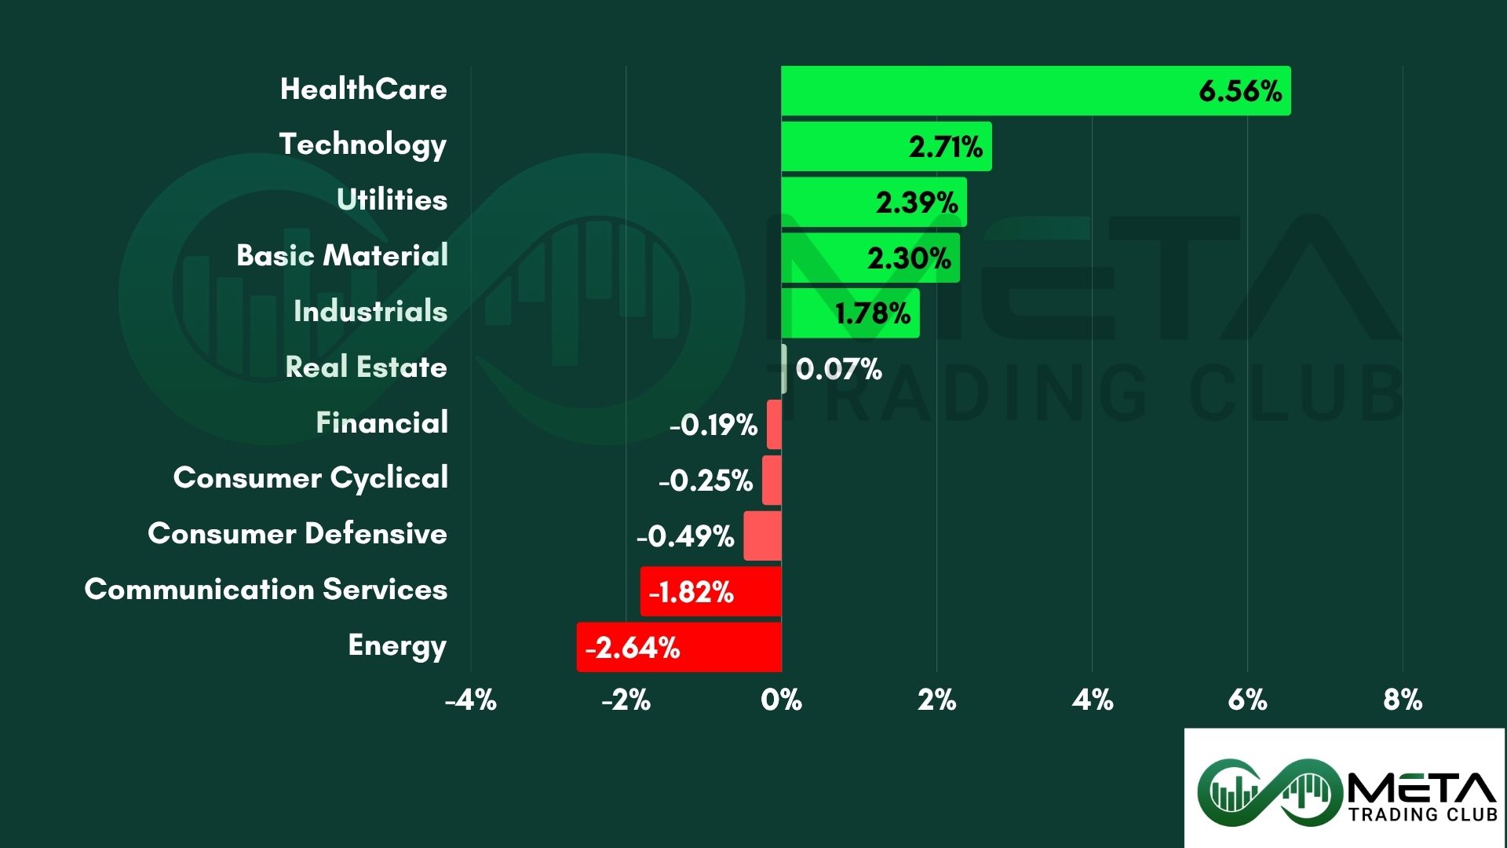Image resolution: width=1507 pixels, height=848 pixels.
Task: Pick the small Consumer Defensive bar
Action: tap(762, 536)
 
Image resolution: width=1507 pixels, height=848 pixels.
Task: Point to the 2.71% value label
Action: tap(946, 147)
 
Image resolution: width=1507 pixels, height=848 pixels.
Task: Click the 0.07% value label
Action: tap(838, 369)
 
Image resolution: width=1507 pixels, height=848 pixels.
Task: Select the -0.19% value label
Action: tap(713, 425)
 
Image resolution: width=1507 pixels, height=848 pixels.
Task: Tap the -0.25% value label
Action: tap(706, 481)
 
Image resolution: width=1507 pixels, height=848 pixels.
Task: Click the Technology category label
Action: tap(363, 144)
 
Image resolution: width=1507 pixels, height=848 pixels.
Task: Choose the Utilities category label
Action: tap(392, 199)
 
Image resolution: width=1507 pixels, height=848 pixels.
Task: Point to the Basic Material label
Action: tap(342, 255)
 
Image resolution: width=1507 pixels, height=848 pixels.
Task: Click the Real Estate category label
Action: tap(366, 367)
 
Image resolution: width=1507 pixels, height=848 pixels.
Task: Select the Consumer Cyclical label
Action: tap(311, 477)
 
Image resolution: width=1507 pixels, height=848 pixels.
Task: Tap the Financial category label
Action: tap(381, 422)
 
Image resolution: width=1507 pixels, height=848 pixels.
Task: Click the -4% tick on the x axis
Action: tap(471, 700)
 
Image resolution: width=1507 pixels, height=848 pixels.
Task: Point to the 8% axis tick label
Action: tap(1403, 700)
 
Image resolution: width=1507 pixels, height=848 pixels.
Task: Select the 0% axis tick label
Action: tap(781, 700)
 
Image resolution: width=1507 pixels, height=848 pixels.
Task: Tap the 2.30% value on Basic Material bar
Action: tap(909, 258)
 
